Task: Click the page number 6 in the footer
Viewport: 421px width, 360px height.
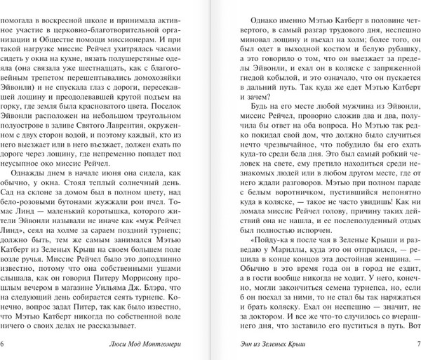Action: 4,343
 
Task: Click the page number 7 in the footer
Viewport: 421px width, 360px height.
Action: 417,343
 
